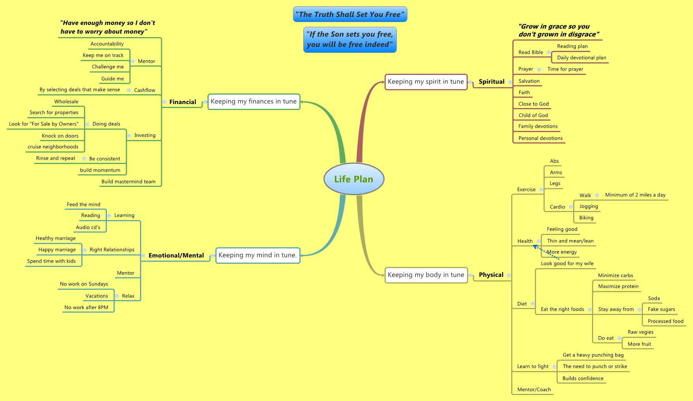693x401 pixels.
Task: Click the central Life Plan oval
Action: pyautogui.click(x=353, y=179)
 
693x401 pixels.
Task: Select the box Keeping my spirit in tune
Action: pyautogui.click(x=426, y=82)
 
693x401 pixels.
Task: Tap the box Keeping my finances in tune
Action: pyautogui.click(x=254, y=101)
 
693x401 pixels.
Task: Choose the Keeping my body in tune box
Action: pyautogui.click(x=426, y=275)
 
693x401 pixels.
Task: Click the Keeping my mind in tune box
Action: pyautogui.click(x=258, y=255)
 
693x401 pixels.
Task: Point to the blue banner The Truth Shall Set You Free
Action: pyautogui.click(x=350, y=15)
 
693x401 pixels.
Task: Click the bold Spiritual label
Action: pyautogui.click(x=491, y=82)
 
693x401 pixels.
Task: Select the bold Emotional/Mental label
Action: pyautogui.click(x=176, y=256)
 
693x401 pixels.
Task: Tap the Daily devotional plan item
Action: pyautogui.click(x=581, y=58)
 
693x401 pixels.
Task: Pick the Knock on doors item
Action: pyautogui.click(x=60, y=136)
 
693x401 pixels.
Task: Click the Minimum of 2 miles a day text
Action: pyautogui.click(x=635, y=195)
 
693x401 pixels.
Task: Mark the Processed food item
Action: pyautogui.click(x=665, y=321)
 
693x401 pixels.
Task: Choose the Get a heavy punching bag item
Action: pyautogui.click(x=593, y=355)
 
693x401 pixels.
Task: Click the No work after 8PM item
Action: pyautogui.click(x=86, y=307)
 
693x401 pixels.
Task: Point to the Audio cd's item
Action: pyautogui.click(x=88, y=227)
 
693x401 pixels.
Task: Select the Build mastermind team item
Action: pyautogui.click(x=128, y=182)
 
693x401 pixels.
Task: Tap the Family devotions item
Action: pyautogui.click(x=538, y=126)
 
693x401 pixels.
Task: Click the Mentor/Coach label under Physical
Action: pyautogui.click(x=534, y=390)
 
